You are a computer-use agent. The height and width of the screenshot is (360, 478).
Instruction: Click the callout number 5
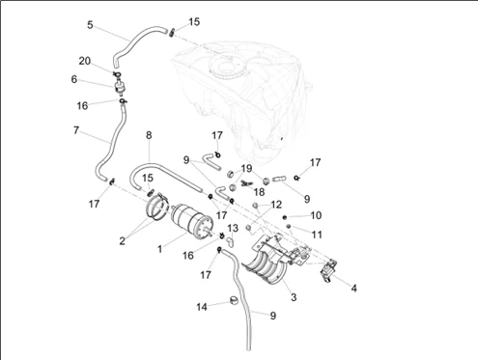pyautogui.click(x=90, y=25)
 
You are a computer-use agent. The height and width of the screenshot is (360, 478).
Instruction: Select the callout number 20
pyautogui.click(x=85, y=61)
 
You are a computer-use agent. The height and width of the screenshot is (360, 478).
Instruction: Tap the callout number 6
pyautogui.click(x=74, y=79)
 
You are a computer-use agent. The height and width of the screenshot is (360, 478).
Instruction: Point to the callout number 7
pyautogui.click(x=76, y=130)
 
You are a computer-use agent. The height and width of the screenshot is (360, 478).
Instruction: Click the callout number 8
pyautogui.click(x=149, y=135)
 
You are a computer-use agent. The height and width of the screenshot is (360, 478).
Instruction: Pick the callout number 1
pyautogui.click(x=160, y=249)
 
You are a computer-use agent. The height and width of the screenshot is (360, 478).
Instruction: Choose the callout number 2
pyautogui.click(x=122, y=240)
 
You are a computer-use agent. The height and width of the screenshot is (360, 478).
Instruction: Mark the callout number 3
pyautogui.click(x=294, y=297)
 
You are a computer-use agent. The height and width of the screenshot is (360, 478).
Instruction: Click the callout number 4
pyautogui.click(x=353, y=288)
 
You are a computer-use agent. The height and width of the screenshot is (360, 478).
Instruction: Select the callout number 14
pyautogui.click(x=202, y=307)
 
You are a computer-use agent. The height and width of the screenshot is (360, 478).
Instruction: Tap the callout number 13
pyautogui.click(x=233, y=228)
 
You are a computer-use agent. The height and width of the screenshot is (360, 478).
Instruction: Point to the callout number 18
pyautogui.click(x=259, y=192)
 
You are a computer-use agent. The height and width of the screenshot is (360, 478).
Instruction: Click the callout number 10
pyautogui.click(x=316, y=215)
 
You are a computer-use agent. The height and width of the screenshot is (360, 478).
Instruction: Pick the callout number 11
pyautogui.click(x=317, y=235)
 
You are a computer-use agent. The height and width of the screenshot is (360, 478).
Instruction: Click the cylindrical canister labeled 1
pyautogui.click(x=192, y=222)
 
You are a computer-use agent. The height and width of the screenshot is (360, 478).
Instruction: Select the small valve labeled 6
pyautogui.click(x=119, y=87)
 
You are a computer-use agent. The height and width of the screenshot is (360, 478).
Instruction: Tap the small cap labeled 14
pyautogui.click(x=234, y=300)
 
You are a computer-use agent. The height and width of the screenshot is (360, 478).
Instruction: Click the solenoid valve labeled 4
pyautogui.click(x=328, y=272)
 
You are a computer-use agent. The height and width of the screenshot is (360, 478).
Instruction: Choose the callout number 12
pyautogui.click(x=276, y=205)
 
